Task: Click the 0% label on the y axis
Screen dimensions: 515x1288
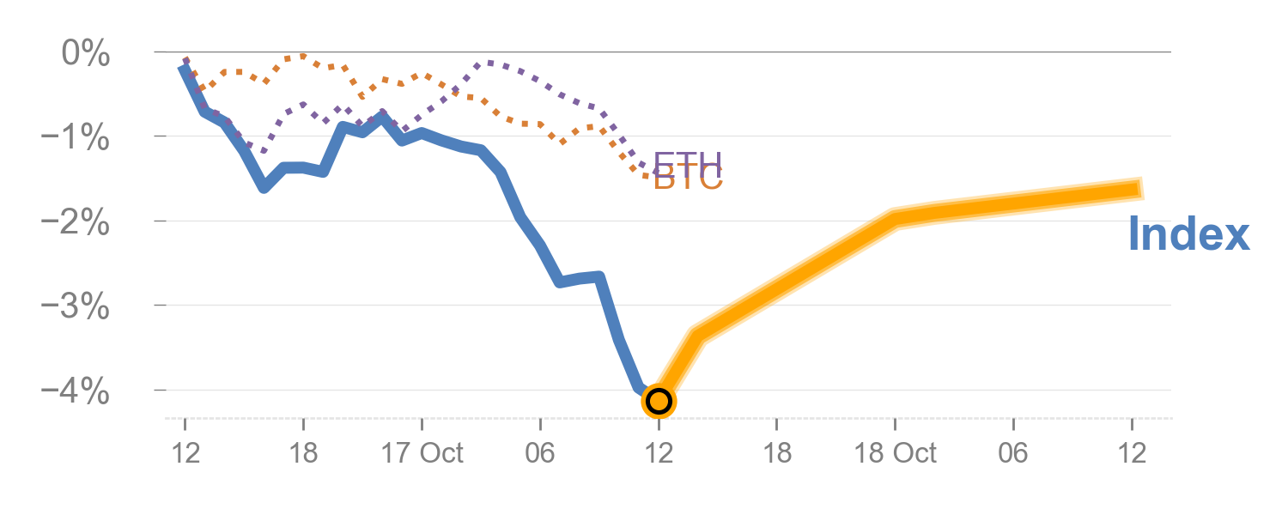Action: (x=85, y=54)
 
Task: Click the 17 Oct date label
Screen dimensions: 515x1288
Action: (x=422, y=452)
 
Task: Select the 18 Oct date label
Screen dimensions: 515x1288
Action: (x=895, y=452)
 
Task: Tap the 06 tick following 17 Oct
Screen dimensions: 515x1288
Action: (x=540, y=452)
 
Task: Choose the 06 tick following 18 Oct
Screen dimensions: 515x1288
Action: (x=1013, y=452)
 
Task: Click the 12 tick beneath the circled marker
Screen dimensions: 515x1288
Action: (x=659, y=452)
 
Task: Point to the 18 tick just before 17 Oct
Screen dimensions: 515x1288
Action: (x=303, y=452)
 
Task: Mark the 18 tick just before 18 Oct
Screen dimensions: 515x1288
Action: (x=777, y=452)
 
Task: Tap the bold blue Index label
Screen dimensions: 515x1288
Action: (x=1188, y=233)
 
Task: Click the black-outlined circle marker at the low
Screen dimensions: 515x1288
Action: (x=659, y=400)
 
